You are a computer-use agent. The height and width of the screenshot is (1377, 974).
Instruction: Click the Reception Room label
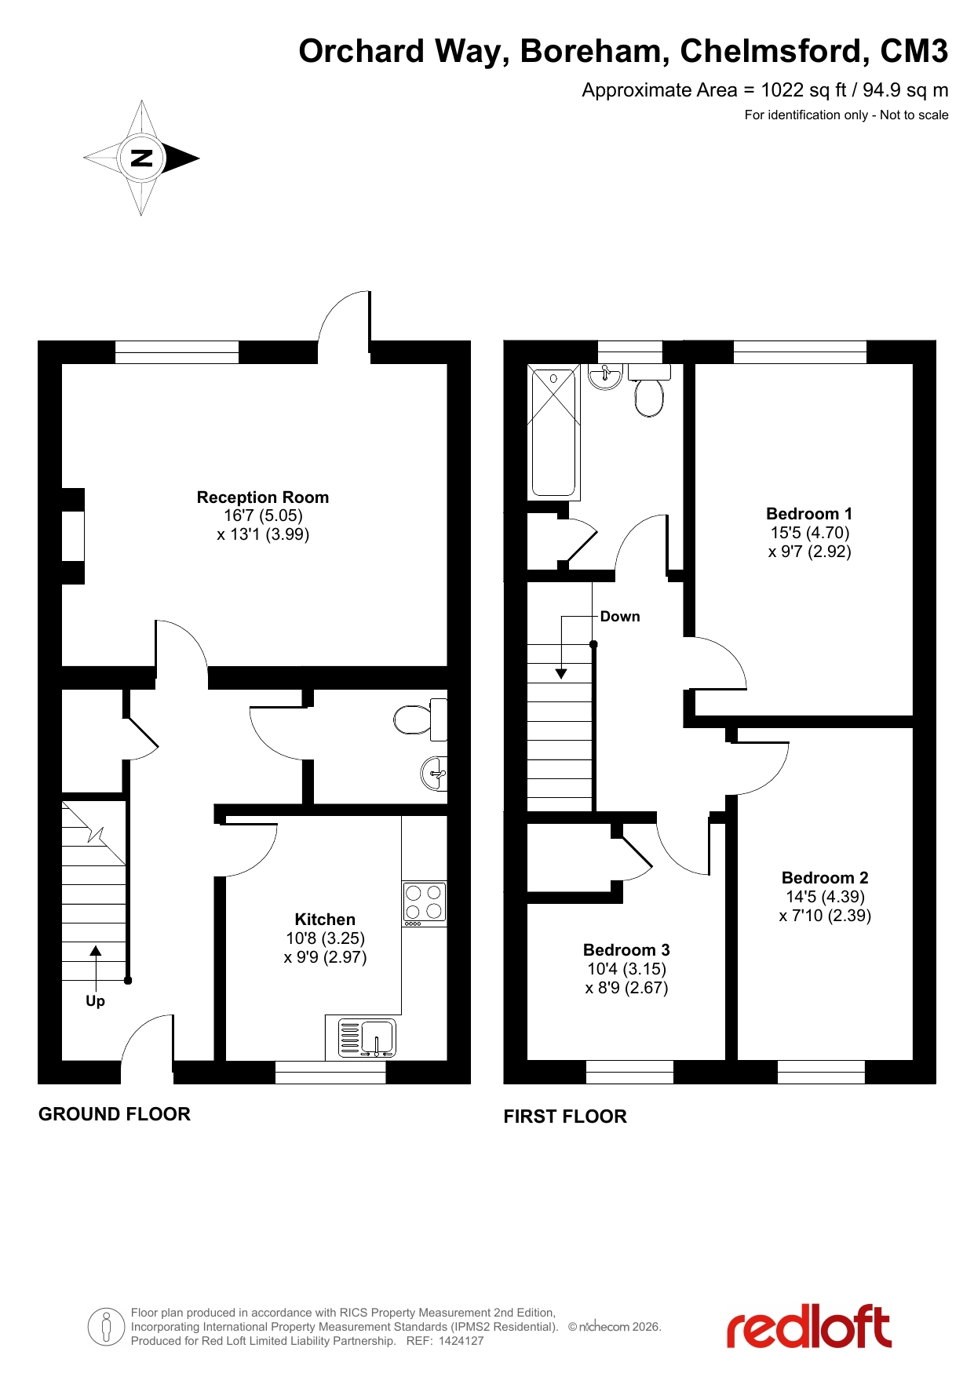[x=263, y=497]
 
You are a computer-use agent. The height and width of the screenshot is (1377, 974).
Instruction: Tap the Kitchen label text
[x=325, y=920]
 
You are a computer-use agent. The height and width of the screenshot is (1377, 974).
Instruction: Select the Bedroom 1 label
[x=809, y=514]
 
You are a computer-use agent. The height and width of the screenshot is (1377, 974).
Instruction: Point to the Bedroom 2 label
[x=825, y=878]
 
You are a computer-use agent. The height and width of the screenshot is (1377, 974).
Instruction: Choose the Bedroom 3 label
[x=626, y=950]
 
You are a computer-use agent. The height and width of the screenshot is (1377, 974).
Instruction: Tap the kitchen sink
[x=367, y=1037]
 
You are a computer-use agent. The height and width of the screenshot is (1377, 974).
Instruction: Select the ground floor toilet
[x=421, y=719]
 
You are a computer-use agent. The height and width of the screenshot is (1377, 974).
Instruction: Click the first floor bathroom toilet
[x=649, y=390]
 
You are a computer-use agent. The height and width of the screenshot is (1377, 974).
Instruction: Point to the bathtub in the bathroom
[x=554, y=432]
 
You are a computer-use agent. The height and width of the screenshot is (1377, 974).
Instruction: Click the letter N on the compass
[x=141, y=158]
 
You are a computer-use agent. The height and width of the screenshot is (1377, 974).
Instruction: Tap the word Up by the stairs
[x=95, y=1001]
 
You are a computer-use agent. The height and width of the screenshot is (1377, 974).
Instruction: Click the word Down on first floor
[x=620, y=617]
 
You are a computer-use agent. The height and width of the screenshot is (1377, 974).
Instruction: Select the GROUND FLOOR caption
[x=115, y=1114]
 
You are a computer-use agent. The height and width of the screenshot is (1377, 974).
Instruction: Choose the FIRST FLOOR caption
[x=565, y=1117]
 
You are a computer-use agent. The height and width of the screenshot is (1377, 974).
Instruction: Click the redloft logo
[x=809, y=1327]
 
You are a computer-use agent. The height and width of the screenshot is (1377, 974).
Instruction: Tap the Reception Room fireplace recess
[x=73, y=537]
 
